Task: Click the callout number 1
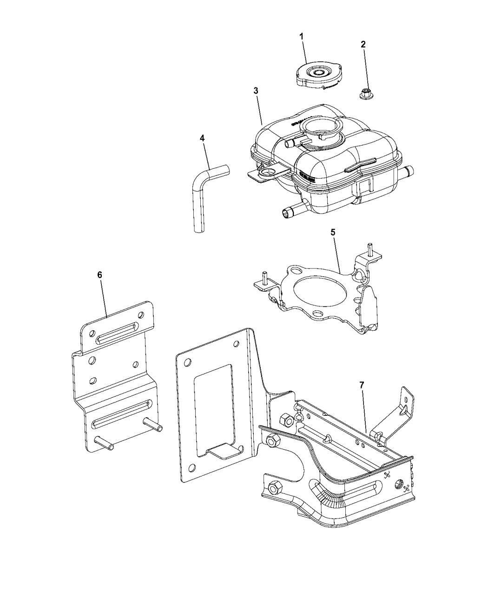pyautogui.click(x=301, y=35)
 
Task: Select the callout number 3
pyautogui.click(x=256, y=90)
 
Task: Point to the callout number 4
pyautogui.click(x=202, y=138)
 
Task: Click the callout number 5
pyautogui.click(x=333, y=231)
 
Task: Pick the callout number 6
pyautogui.click(x=99, y=274)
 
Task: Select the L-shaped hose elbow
pyautogui.click(x=204, y=186)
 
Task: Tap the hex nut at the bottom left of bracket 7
pyautogui.click(x=273, y=488)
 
